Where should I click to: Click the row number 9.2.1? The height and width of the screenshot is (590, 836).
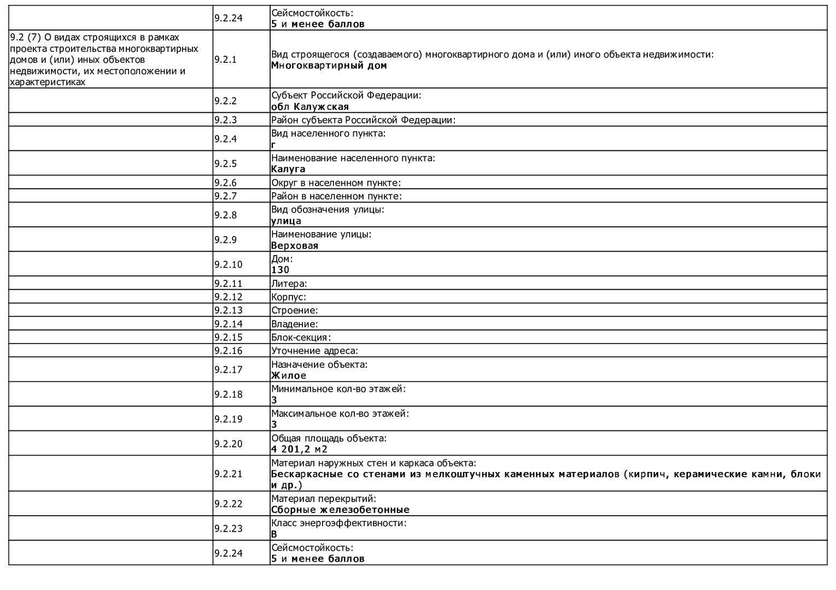click(x=225, y=60)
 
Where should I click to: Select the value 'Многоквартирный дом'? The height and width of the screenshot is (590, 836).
click(x=329, y=66)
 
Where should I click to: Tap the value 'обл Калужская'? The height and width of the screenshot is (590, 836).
click(x=309, y=107)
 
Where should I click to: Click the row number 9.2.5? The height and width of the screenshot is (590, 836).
click(x=225, y=163)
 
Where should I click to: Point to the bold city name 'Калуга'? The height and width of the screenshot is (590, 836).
click(x=288, y=169)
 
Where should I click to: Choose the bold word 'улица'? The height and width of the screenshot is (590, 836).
click(x=286, y=221)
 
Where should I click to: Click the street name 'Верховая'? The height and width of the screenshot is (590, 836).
click(x=294, y=246)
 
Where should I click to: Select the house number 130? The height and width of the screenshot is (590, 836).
click(x=280, y=270)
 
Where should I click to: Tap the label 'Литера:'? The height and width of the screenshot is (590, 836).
click(x=289, y=284)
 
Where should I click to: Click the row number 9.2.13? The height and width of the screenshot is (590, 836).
click(x=228, y=310)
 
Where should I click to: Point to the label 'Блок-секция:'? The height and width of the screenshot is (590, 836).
click(x=301, y=338)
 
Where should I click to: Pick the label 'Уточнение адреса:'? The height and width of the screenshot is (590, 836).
click(x=314, y=351)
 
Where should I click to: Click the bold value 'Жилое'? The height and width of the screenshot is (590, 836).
click(x=289, y=376)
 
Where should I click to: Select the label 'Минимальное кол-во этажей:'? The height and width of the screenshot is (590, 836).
click(x=338, y=389)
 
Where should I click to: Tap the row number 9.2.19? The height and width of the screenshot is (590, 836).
click(x=228, y=419)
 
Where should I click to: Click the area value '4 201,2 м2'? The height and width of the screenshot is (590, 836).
click(x=299, y=450)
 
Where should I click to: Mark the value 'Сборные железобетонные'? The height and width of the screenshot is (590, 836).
click(x=340, y=510)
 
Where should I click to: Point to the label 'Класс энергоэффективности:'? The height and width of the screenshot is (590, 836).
click(x=339, y=523)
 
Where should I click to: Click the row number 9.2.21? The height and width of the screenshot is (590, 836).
click(x=228, y=474)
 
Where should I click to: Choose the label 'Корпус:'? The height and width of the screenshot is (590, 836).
click(x=288, y=297)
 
